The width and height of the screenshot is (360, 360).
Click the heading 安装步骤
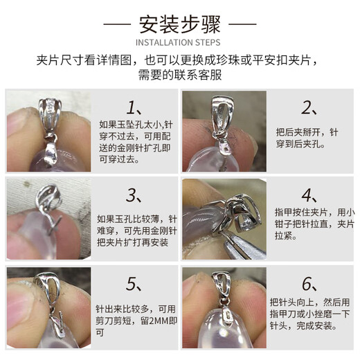coord(179,27)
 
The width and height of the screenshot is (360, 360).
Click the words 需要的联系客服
coord(179,74)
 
